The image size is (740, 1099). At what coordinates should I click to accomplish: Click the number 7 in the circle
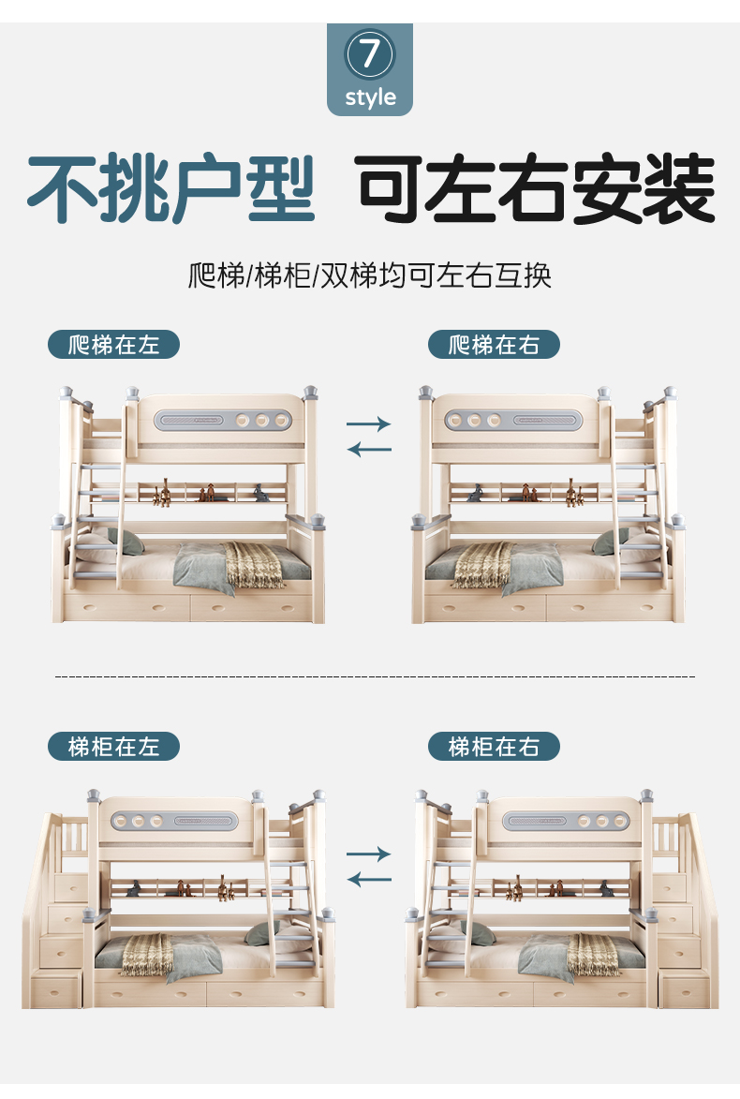(x=370, y=54)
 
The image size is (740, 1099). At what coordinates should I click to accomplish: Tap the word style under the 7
(x=370, y=97)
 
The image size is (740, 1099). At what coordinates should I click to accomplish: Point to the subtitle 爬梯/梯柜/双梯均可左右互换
(x=370, y=276)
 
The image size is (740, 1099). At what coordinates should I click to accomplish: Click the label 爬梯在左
(x=113, y=345)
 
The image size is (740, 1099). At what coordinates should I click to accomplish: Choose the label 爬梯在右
(x=494, y=345)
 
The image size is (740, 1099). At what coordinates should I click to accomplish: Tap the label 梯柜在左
(x=113, y=747)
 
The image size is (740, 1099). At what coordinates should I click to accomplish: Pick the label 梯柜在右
(x=494, y=747)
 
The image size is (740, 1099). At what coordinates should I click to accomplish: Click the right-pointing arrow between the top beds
(x=368, y=424)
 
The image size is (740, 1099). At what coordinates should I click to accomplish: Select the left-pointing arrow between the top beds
(x=368, y=450)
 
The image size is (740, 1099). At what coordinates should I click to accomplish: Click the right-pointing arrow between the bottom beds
(x=368, y=854)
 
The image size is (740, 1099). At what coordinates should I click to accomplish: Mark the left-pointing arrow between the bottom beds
(x=368, y=879)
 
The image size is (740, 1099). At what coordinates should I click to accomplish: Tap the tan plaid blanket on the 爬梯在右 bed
(x=482, y=565)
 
